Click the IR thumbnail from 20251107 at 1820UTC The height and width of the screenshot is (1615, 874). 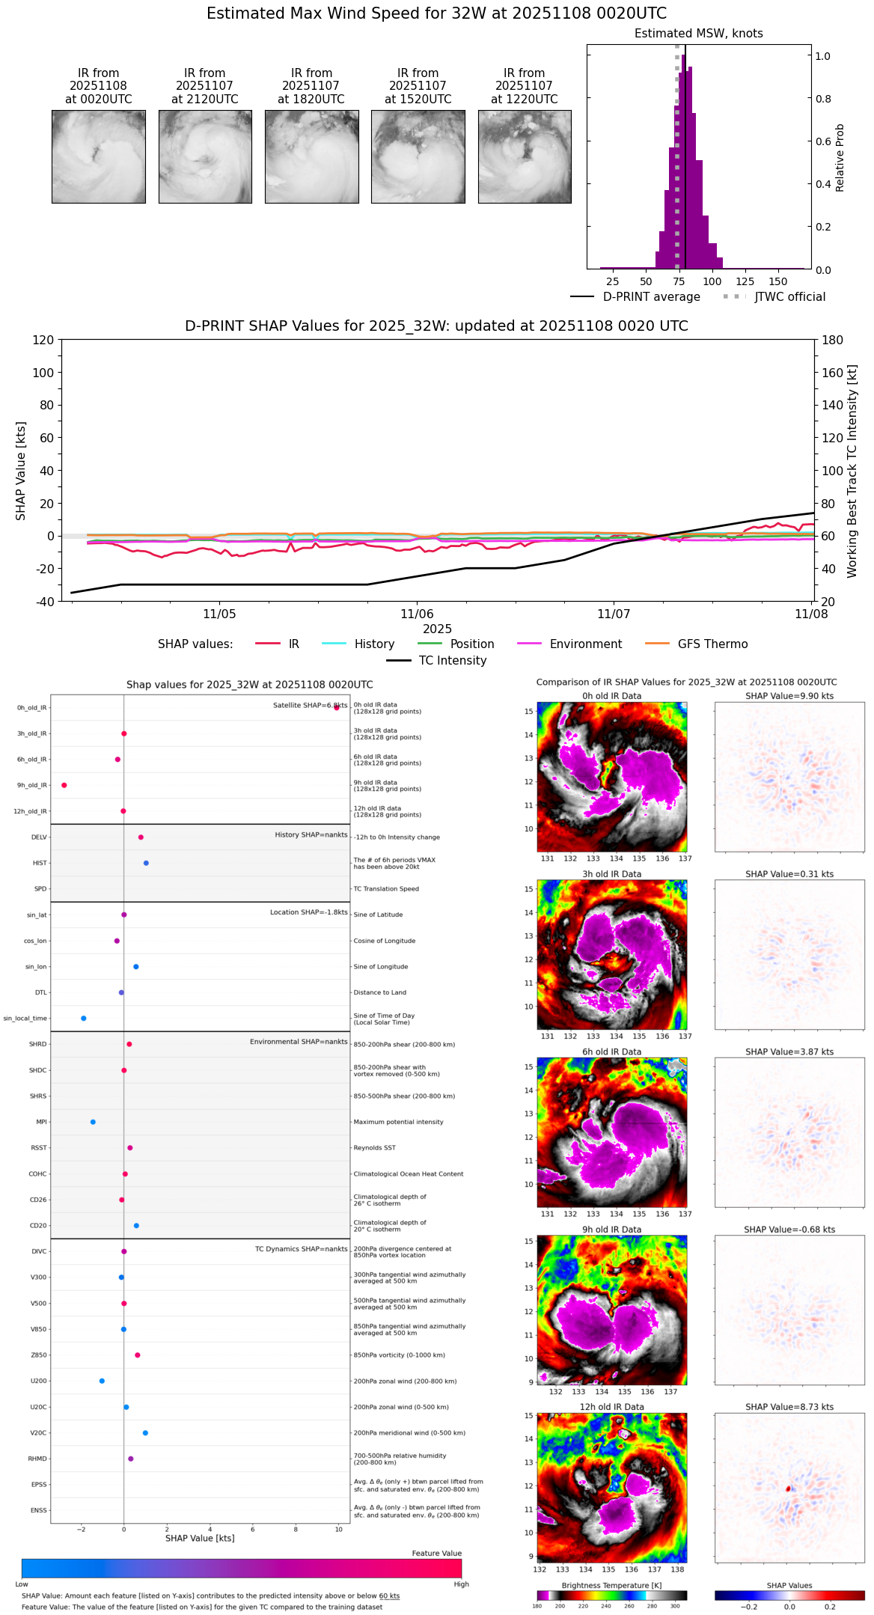tap(311, 156)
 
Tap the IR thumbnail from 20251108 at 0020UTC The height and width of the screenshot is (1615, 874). tap(99, 156)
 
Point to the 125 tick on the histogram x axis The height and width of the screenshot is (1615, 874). tap(745, 281)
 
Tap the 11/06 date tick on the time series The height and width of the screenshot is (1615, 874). tap(417, 614)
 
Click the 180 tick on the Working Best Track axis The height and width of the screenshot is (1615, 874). tap(833, 341)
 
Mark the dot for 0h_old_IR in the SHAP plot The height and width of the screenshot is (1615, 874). tap(337, 707)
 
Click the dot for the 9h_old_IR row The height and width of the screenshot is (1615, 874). tap(64, 785)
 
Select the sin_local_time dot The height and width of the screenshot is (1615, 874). tap(84, 1019)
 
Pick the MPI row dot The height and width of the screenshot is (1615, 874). tap(93, 1122)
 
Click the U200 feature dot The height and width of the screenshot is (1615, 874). tap(102, 1381)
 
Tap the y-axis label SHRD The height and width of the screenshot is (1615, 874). tap(37, 1044)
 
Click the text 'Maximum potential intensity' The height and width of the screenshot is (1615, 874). tap(398, 1122)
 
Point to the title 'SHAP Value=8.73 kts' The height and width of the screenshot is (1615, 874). tap(789, 1407)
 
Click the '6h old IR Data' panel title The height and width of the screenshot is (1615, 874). tap(611, 1051)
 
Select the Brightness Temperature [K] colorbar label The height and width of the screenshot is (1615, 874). tap(611, 1585)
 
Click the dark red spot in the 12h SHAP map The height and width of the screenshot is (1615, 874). tap(789, 1489)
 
